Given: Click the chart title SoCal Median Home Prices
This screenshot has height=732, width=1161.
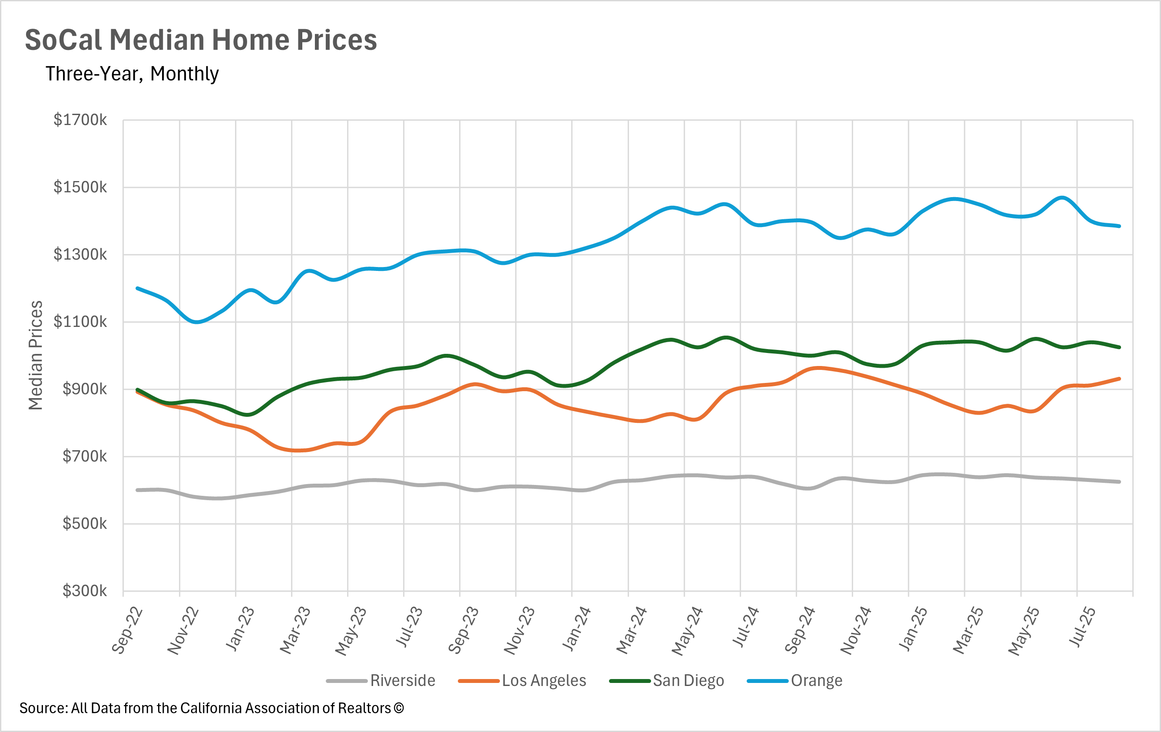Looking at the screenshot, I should tap(201, 40).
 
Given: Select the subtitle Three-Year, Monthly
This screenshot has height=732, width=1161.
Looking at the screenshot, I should tap(132, 74).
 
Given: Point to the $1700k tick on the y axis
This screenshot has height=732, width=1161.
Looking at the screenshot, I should tap(80, 120).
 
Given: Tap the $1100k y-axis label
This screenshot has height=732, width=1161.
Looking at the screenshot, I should tap(80, 321).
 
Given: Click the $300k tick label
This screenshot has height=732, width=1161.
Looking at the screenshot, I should tap(84, 591).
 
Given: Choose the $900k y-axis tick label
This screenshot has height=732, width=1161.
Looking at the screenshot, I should tap(84, 389).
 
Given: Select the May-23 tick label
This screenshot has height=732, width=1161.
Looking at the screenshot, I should tap(351, 631).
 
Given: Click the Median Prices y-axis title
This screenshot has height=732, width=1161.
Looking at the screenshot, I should tap(36, 355).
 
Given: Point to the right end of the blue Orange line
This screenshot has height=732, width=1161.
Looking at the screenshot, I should tap(1119, 226).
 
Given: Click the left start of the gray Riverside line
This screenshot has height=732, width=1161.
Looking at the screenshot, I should tap(137, 490).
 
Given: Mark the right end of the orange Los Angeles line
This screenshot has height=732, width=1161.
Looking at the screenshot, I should tap(1119, 379).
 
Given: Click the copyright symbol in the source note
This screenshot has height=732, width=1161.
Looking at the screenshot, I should tap(399, 709).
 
